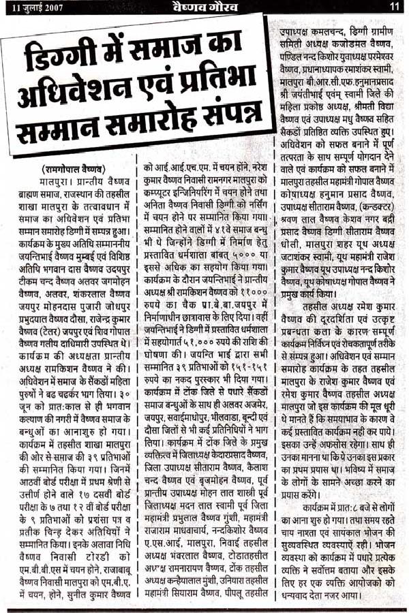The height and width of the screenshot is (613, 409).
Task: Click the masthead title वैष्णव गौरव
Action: click(204, 7)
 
